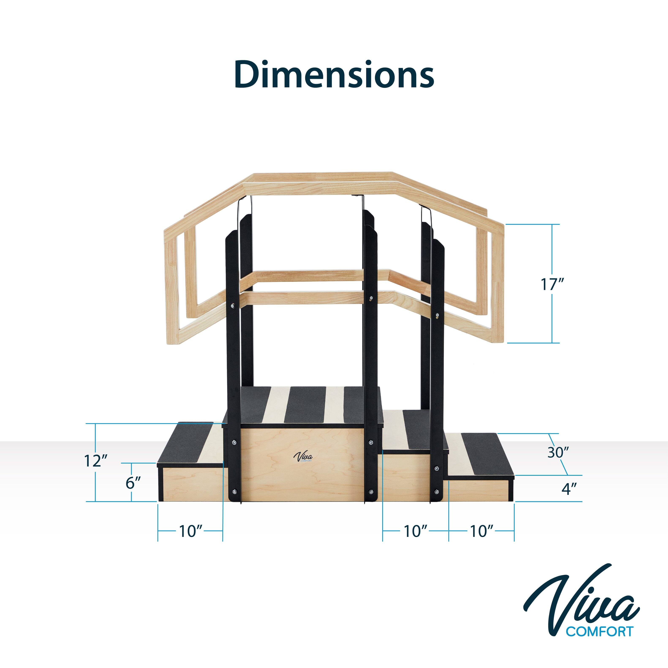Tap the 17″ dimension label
[552, 284]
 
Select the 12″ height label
[96, 461]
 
